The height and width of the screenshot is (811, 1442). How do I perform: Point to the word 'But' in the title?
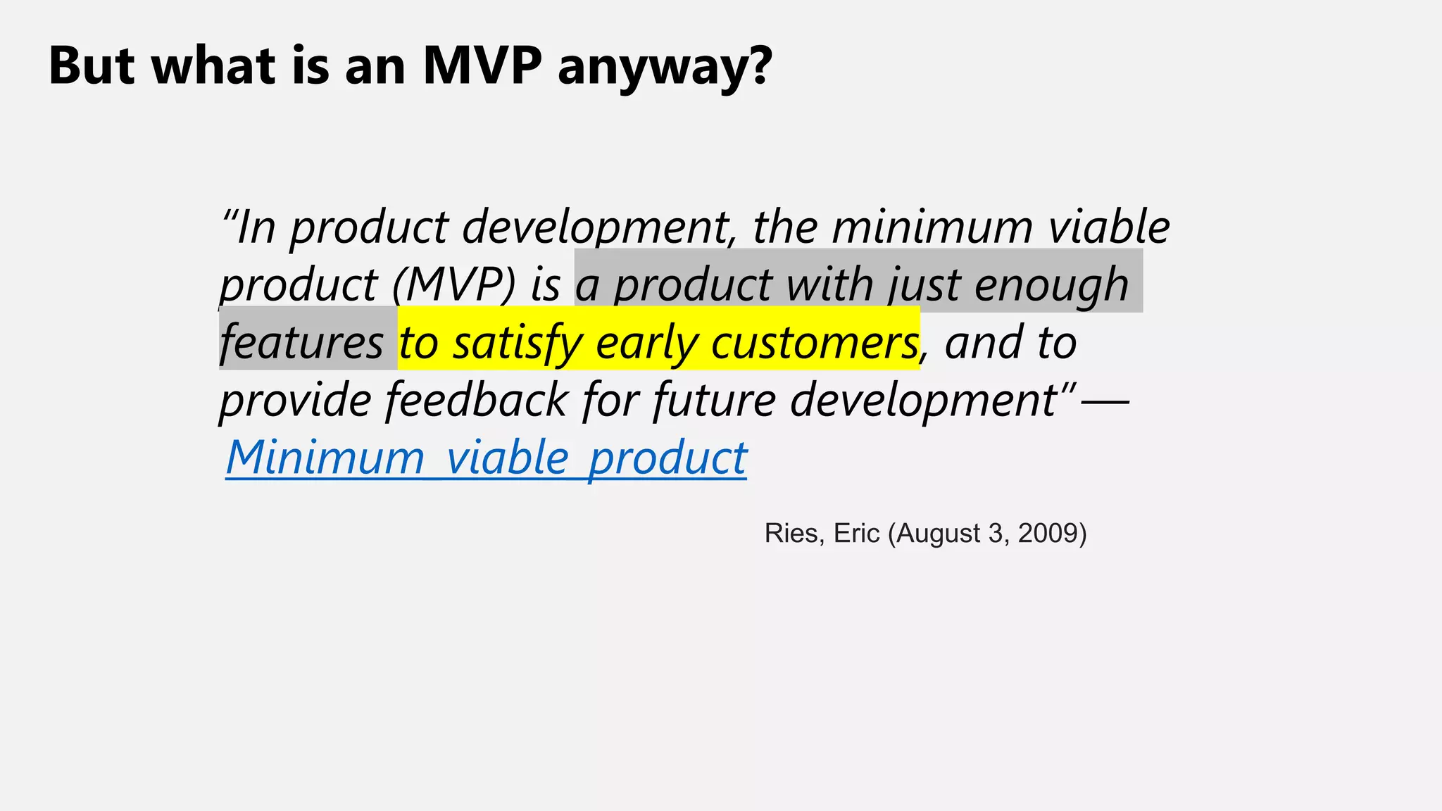click(92, 65)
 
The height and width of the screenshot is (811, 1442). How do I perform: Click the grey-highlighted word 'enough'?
click(1051, 285)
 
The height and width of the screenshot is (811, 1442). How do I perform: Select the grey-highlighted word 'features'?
click(301, 343)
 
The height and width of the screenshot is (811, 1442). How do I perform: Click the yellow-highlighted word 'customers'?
click(815, 343)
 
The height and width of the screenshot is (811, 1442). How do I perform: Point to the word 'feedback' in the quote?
click(477, 400)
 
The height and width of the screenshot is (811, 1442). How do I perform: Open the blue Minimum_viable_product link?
click(486, 458)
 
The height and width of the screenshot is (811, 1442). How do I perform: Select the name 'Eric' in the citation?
click(856, 534)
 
